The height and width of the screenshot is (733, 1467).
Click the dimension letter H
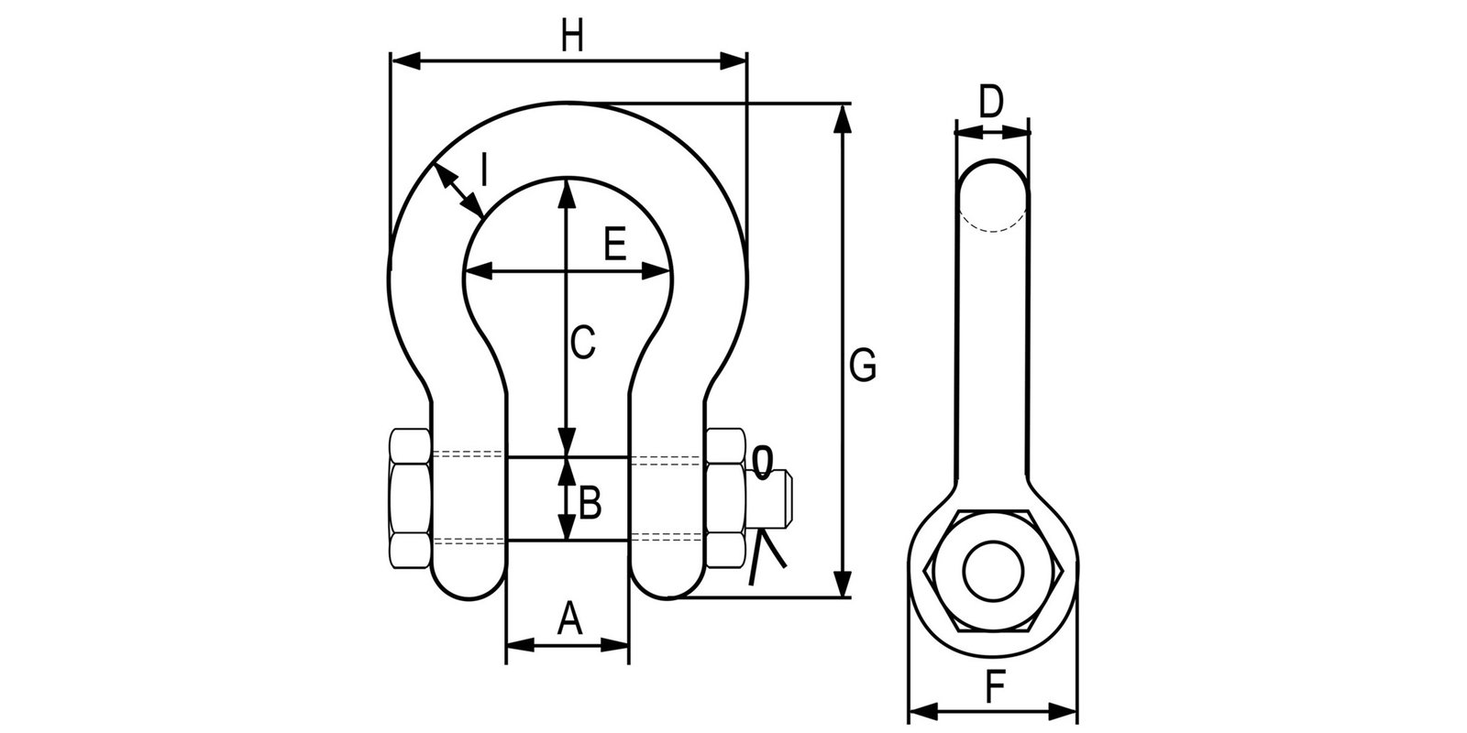point(572,38)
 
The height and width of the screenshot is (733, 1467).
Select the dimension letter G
point(863,365)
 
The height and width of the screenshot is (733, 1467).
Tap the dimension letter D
point(991,101)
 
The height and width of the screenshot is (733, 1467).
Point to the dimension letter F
point(991,686)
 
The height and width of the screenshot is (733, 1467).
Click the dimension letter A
point(569,618)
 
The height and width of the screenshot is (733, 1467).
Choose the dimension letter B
point(589,501)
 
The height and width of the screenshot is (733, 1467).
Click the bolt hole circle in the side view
point(994,571)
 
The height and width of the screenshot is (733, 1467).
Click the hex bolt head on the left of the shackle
point(409,498)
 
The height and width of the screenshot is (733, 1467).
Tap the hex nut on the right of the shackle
point(725,498)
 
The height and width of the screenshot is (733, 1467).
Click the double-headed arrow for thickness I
point(458,191)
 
